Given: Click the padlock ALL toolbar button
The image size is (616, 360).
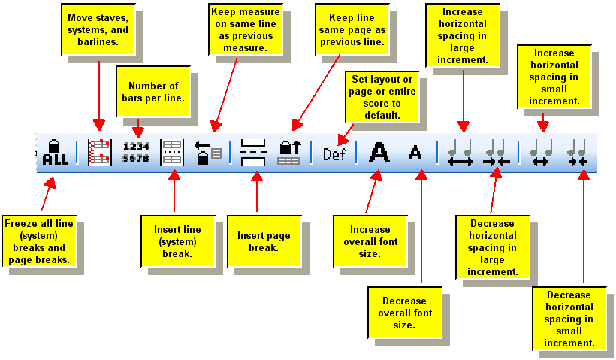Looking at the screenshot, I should click(x=55, y=152).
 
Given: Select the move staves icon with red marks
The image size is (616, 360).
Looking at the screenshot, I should click(x=99, y=152).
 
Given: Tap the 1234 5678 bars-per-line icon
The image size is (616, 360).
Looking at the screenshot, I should click(x=136, y=152).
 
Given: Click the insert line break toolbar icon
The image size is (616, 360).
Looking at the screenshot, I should click(x=172, y=152).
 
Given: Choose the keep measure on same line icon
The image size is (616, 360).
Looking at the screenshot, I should click(x=208, y=152).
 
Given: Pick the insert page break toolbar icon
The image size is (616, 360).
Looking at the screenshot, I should click(x=252, y=152).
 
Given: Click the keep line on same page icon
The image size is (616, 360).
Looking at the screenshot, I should click(x=290, y=152).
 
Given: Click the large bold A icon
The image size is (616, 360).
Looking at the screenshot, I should click(x=380, y=152).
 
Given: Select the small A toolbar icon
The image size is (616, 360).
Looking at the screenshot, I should click(x=415, y=152).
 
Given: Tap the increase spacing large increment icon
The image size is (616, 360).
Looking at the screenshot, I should click(x=460, y=152).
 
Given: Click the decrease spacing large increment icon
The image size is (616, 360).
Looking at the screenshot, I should click(x=497, y=152).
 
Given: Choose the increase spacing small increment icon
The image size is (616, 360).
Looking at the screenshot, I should click(x=541, y=152).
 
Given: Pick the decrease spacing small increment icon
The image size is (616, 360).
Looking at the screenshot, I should click(x=577, y=152).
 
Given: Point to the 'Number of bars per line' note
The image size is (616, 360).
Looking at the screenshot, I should click(x=153, y=92).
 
